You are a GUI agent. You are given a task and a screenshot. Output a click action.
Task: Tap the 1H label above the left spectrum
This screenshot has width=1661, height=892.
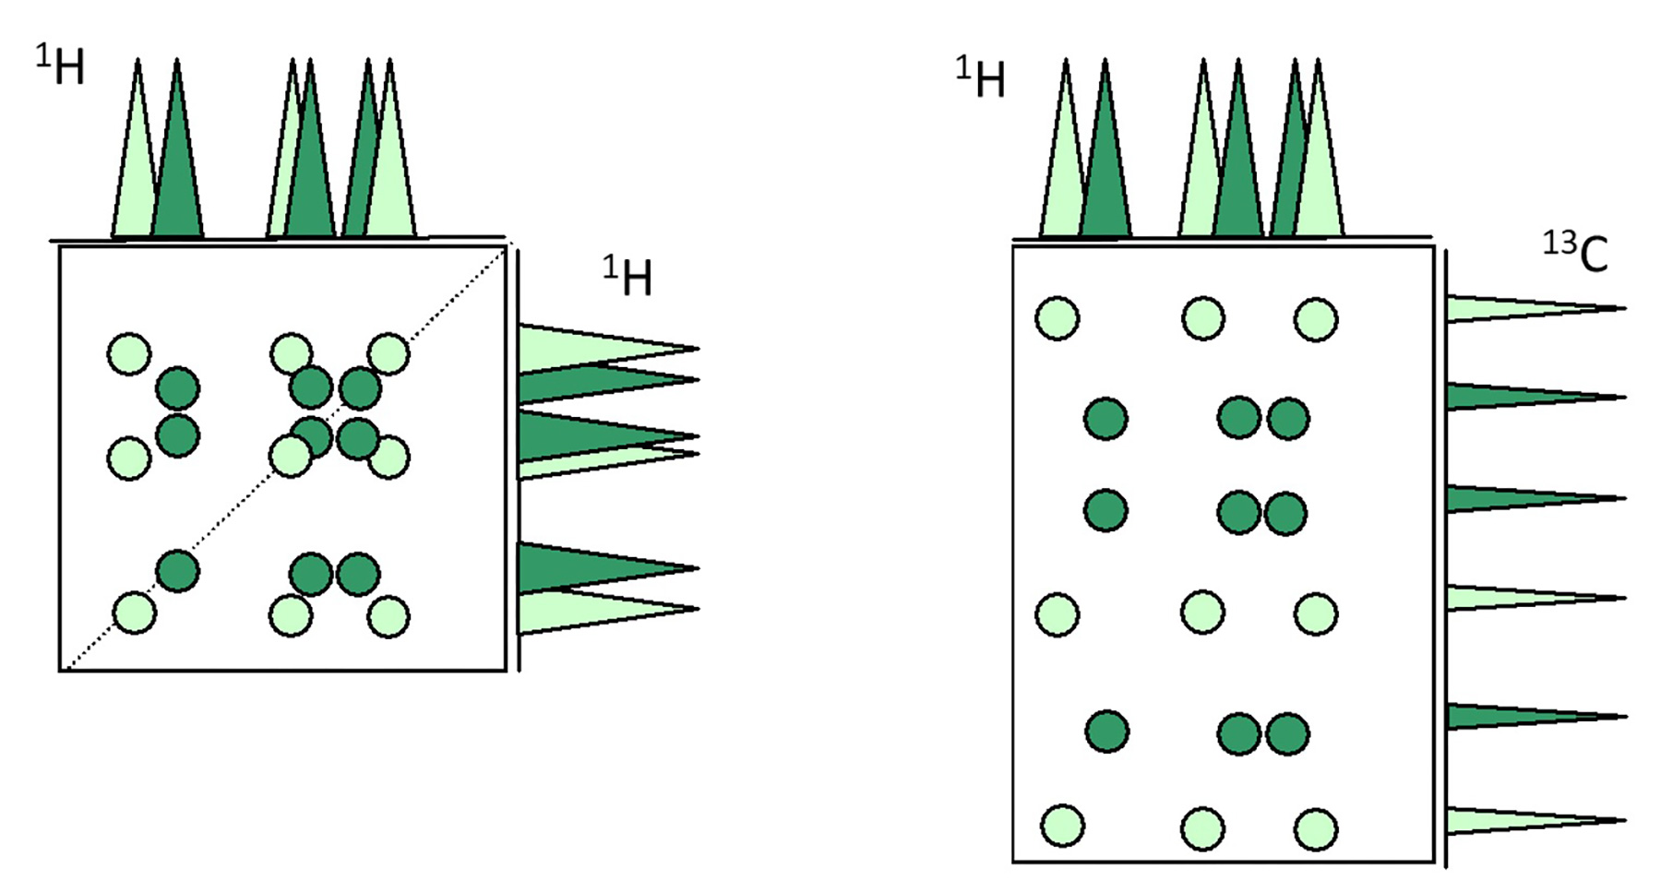(x=60, y=65)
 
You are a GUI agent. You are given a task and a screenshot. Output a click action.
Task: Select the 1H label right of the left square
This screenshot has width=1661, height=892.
(x=627, y=276)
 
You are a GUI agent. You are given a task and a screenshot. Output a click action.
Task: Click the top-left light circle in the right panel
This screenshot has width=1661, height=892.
(x=1058, y=318)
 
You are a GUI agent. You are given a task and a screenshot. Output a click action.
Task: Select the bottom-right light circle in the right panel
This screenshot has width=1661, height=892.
(x=1316, y=828)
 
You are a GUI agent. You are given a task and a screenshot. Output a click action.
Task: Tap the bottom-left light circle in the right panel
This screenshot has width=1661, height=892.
(x=1062, y=826)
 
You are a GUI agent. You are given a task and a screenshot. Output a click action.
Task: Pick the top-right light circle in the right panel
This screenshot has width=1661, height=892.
(x=1316, y=319)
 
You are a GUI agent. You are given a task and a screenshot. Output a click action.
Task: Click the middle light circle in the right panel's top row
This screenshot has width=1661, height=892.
(x=1203, y=318)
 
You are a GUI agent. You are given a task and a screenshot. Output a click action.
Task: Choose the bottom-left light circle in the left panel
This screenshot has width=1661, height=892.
(x=134, y=613)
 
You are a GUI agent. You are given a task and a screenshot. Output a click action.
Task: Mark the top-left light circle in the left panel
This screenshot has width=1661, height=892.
(x=129, y=353)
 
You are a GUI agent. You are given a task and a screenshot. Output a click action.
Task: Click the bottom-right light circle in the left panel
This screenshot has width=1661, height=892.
(x=388, y=616)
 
